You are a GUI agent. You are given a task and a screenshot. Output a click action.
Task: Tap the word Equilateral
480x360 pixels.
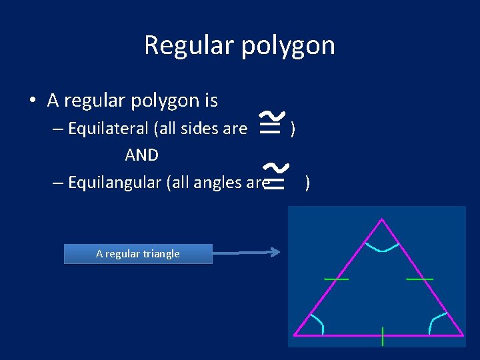pos(111,129)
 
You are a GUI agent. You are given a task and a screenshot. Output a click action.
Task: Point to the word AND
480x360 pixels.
pos(141,155)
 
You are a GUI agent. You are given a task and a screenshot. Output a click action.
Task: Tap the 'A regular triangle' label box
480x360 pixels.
pos(138,253)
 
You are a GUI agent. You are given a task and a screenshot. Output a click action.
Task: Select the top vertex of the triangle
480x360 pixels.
pos(382,219)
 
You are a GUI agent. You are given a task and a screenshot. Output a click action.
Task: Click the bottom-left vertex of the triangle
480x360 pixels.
pos(295,335)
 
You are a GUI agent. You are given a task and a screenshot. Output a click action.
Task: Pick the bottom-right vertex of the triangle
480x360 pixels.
pos(463,335)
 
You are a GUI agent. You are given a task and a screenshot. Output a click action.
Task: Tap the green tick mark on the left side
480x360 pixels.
pos(336,279)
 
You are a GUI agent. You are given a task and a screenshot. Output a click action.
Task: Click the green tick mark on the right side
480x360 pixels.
pos(420,279)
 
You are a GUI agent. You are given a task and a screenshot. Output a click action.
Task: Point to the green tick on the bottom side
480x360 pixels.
pos(383,336)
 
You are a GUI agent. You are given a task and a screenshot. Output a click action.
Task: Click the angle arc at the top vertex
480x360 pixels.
pos(383,249)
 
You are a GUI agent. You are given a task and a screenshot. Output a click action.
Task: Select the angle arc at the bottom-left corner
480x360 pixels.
pos(319,323)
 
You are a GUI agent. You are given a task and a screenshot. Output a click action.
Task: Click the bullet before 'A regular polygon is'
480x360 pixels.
pos(33,101)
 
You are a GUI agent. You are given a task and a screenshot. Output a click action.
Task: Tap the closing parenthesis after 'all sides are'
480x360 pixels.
pos(293,129)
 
